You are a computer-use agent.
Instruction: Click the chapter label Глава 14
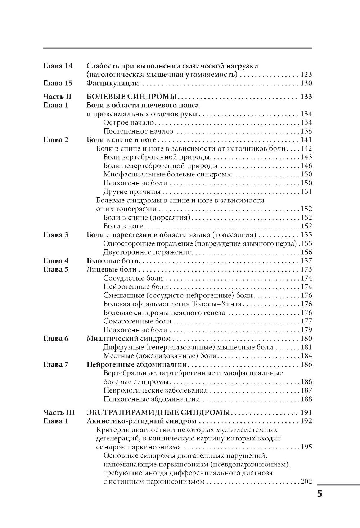click(58, 66)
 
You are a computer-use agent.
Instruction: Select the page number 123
click(306, 75)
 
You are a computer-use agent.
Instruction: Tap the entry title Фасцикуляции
click(113, 84)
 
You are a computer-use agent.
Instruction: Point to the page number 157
click(306, 261)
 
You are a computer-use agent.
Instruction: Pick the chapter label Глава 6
click(56, 339)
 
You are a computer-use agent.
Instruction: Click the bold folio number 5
click(319, 493)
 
